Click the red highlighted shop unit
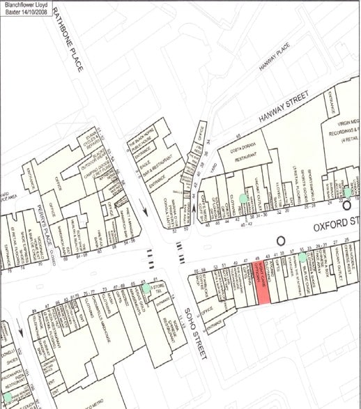(263, 285)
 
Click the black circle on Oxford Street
(281, 240)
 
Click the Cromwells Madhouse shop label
(105, 315)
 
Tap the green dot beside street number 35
(302, 258)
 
